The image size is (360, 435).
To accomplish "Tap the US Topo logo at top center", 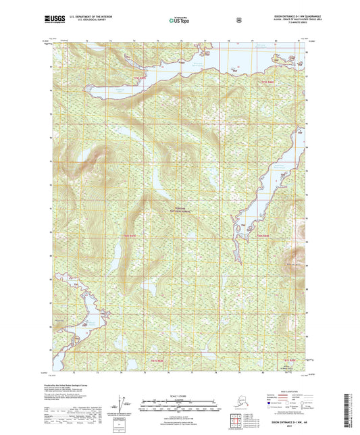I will tap(178, 20).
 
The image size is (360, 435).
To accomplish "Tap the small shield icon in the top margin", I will tap(238, 20).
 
